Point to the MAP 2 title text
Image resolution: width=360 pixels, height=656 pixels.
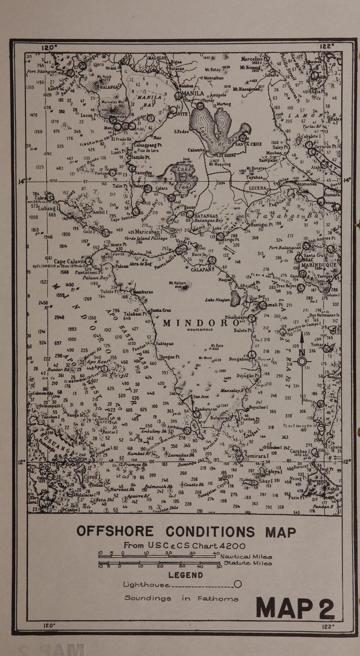click(295, 608)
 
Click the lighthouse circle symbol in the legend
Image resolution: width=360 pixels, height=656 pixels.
click(238, 584)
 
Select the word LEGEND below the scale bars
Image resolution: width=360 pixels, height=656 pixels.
click(186, 575)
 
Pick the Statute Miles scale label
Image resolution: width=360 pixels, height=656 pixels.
click(248, 563)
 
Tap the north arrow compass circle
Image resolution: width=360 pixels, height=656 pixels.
click(302, 361)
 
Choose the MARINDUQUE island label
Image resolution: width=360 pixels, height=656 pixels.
click(319, 265)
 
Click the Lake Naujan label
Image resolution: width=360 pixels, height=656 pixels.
click(217, 299)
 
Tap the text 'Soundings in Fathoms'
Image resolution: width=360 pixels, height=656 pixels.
click(181, 598)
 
